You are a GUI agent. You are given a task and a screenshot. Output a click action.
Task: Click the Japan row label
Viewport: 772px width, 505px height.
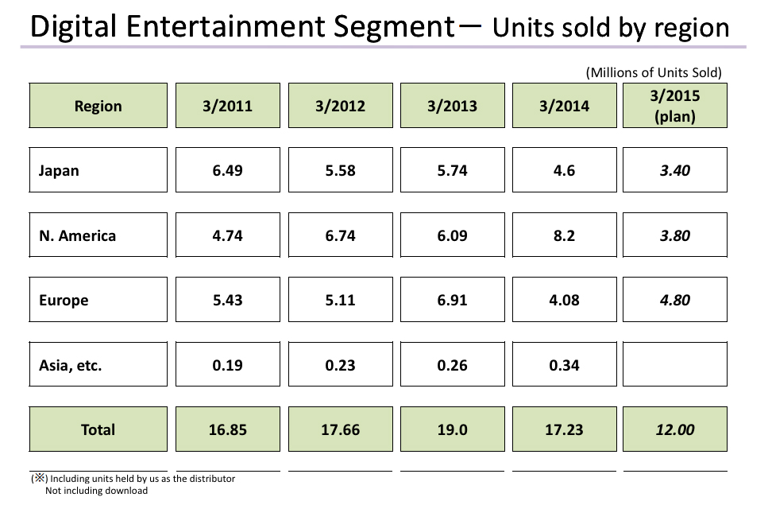59,170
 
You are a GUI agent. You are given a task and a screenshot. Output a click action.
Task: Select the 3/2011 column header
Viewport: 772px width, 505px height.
227,106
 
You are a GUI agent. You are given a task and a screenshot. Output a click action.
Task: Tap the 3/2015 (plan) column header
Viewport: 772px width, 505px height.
675,106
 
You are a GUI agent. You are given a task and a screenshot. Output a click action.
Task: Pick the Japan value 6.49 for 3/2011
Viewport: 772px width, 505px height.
227,170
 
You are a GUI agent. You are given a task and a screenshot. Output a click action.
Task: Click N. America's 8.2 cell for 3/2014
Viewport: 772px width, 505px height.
563,235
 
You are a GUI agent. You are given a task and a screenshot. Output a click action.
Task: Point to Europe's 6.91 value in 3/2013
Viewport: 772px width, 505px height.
452,301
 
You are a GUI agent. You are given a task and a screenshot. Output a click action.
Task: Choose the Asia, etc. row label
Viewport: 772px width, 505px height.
70,366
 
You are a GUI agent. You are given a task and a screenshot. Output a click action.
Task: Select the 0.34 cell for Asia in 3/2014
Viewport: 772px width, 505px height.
563,366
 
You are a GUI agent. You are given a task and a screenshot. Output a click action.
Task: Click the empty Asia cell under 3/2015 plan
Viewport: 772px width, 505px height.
675,364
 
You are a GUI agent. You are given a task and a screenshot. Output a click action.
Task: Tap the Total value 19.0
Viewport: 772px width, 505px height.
452,429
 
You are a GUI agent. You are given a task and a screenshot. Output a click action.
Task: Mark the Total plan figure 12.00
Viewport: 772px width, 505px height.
675,429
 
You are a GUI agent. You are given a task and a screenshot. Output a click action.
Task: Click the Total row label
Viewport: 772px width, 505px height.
98,429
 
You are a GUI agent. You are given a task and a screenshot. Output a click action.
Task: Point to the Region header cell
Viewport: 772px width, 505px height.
98,106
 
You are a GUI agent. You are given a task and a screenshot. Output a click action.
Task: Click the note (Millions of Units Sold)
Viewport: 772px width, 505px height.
654,72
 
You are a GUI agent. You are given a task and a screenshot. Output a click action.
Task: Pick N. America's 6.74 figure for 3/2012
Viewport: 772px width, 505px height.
340,235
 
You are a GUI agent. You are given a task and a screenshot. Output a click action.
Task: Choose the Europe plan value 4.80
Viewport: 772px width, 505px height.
675,301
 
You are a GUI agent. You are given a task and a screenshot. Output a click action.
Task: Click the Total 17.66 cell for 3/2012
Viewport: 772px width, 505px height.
340,429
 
